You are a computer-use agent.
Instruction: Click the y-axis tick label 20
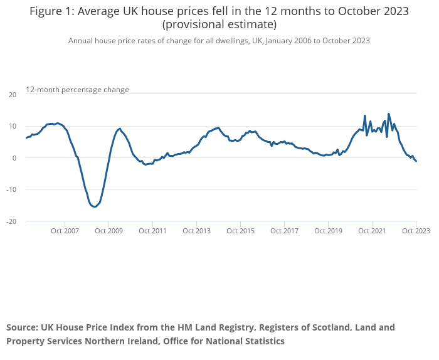tap(12, 94)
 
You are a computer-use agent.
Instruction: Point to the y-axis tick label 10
tap(12, 126)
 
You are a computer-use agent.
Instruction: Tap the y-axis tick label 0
tap(14, 158)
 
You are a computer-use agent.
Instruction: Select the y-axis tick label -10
tap(11, 190)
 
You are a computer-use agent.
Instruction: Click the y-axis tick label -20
tap(11, 221)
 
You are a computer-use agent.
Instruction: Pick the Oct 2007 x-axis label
tap(65, 231)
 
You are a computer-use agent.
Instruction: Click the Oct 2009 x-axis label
tap(108, 231)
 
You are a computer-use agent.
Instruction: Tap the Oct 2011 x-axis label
tap(152, 231)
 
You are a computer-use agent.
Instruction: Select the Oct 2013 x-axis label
tap(196, 231)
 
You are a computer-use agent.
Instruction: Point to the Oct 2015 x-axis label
tap(240, 231)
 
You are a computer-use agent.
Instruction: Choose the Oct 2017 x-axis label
tap(284, 231)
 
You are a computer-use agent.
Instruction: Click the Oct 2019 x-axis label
tap(328, 231)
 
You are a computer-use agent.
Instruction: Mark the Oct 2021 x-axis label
tap(372, 231)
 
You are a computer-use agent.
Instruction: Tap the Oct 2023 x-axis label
tap(416, 231)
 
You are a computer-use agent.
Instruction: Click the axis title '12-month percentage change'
tap(77, 90)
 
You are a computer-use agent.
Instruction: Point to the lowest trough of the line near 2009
tap(94, 206)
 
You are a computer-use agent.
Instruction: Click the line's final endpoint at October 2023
tap(416, 162)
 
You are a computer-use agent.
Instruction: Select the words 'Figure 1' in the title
tap(51, 11)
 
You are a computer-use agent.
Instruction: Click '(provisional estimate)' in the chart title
tap(219, 25)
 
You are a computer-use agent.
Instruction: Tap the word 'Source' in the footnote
tap(21, 327)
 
